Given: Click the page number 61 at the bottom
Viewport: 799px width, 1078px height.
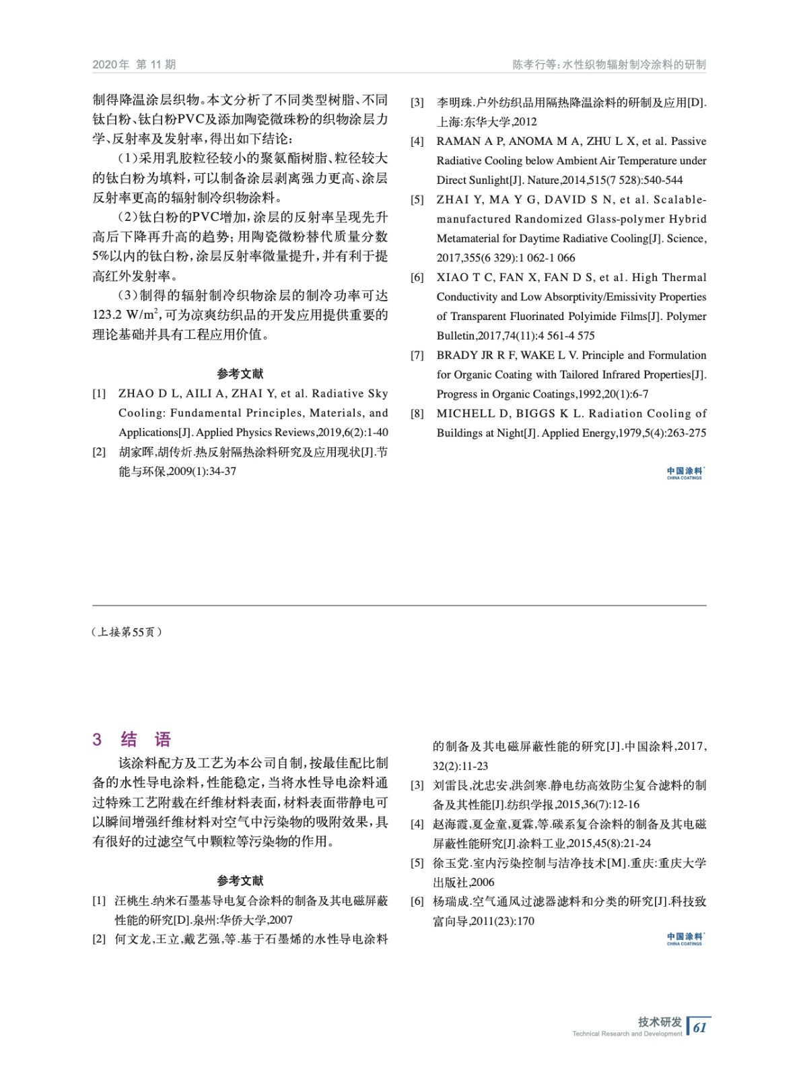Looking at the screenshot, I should click(700, 1027).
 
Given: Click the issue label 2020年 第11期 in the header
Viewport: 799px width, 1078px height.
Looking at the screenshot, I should click(134, 65).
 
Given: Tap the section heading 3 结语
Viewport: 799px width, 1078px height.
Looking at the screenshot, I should click(132, 739).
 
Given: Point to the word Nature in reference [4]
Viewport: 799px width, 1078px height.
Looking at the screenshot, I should click(543, 180).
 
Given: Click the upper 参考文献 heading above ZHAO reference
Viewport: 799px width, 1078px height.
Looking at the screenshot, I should click(240, 373).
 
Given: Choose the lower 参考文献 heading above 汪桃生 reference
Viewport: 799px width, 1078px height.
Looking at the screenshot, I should click(240, 881).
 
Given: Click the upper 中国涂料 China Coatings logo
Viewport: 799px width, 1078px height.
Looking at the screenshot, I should click(685, 473).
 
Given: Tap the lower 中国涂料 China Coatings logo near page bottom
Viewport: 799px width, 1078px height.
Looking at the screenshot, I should click(685, 939).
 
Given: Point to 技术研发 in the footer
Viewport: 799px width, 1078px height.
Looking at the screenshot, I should click(659, 1021).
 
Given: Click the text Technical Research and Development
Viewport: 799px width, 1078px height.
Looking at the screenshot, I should click(627, 1034).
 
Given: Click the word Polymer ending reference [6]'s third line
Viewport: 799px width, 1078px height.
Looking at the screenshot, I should click(686, 316).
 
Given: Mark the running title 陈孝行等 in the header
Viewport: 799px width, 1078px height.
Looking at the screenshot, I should click(534, 65).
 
